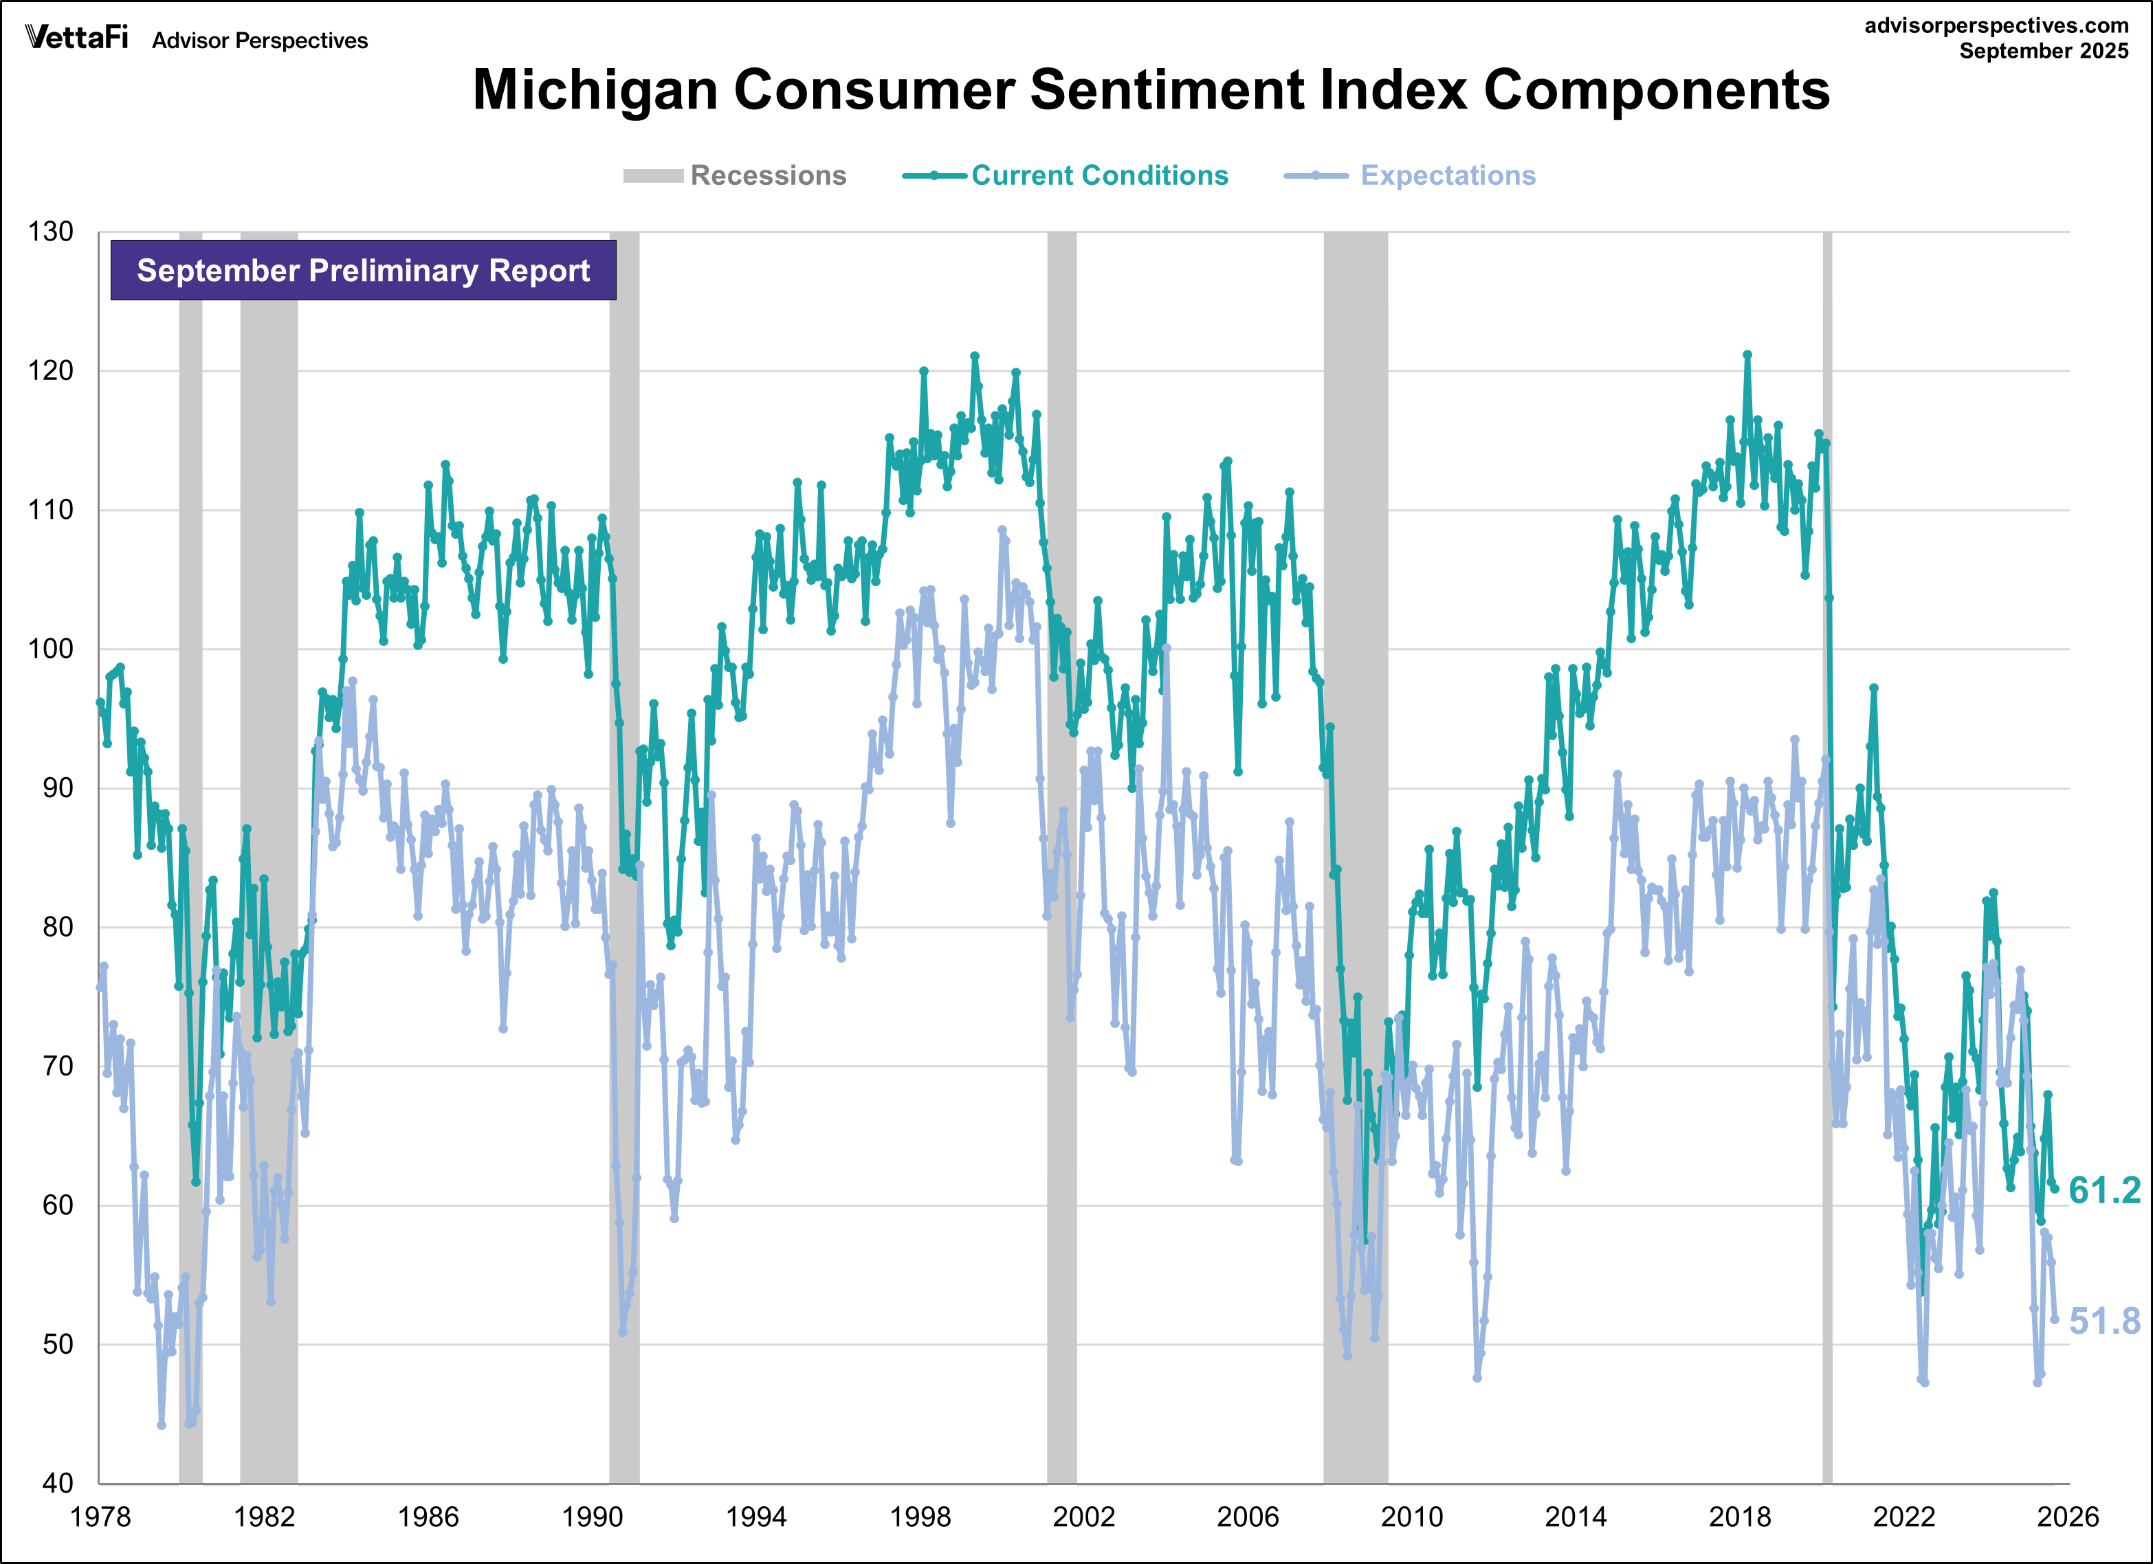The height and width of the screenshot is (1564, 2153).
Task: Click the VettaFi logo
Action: click(x=76, y=38)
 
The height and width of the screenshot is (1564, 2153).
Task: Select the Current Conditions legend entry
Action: click(x=1065, y=175)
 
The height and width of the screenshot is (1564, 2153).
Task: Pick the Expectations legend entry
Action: click(x=1410, y=175)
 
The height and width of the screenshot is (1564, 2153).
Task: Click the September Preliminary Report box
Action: click(x=363, y=271)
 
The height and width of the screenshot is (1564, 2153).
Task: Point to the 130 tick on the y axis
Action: click(x=50, y=232)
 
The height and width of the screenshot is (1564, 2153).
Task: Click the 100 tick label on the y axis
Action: click(x=50, y=649)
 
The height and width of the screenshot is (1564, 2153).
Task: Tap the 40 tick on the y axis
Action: click(x=57, y=1484)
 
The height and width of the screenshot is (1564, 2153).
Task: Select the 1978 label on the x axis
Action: click(x=100, y=1517)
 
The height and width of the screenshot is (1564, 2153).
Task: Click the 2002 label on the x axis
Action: click(x=1083, y=1517)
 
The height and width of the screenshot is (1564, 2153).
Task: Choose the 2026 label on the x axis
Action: click(x=2066, y=1517)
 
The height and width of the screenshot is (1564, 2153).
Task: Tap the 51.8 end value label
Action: click(x=2104, y=1321)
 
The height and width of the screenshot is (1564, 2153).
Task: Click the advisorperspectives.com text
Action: click(x=1996, y=25)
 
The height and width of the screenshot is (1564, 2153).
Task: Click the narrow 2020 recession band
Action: click(x=1826, y=854)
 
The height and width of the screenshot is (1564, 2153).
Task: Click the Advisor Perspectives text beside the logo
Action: click(x=259, y=41)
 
